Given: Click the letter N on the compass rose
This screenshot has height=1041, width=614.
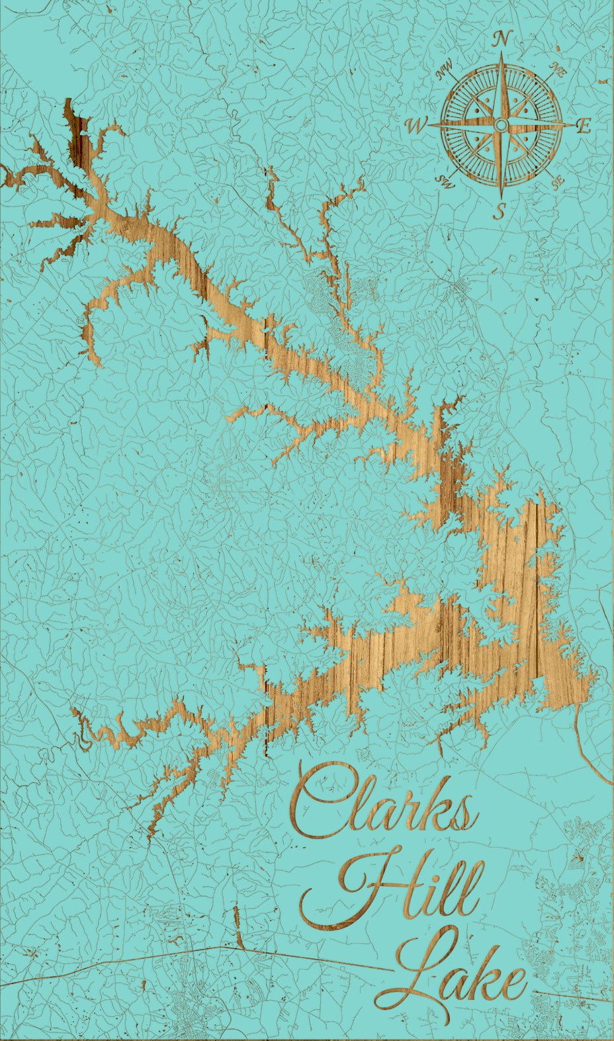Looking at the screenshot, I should point(502,39).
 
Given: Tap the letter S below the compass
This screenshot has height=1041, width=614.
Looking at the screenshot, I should point(502,212).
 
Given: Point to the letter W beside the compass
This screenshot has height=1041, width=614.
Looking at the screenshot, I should point(417,124).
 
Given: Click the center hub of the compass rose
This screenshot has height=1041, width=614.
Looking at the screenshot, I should point(502,124).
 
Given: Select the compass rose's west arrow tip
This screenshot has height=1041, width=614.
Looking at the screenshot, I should point(430,124).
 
